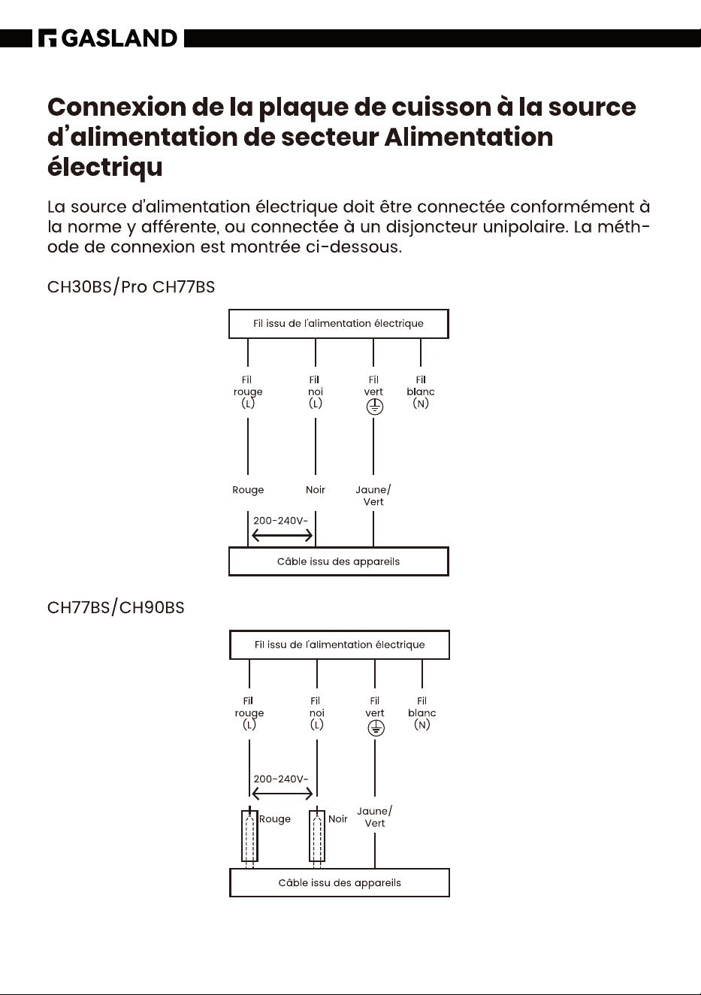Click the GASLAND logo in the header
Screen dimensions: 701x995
pyautogui.click(x=108, y=38)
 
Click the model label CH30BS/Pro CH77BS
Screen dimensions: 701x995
pyautogui.click(x=131, y=287)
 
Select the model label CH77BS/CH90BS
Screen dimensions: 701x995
pyautogui.click(x=116, y=607)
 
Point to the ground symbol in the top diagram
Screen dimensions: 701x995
pyautogui.click(x=374, y=407)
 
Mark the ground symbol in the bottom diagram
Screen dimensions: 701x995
pyautogui.click(x=376, y=728)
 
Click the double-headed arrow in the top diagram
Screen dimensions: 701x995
pyautogui.click(x=282, y=536)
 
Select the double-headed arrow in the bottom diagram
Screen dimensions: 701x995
pyautogui.click(x=282, y=794)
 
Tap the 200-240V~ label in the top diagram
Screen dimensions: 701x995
pyautogui.click(x=281, y=521)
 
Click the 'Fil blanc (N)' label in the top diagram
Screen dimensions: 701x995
pyautogui.click(x=421, y=392)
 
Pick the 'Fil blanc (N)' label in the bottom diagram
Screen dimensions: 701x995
pyautogui.click(x=422, y=713)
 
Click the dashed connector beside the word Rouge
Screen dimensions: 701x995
pyautogui.click(x=249, y=837)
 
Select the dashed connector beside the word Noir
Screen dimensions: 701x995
pyautogui.click(x=317, y=837)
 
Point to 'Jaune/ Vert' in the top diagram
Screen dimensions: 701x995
pyautogui.click(x=373, y=496)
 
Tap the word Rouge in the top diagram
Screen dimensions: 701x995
pyautogui.click(x=248, y=491)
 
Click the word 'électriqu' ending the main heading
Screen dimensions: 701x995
pyautogui.click(x=105, y=168)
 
